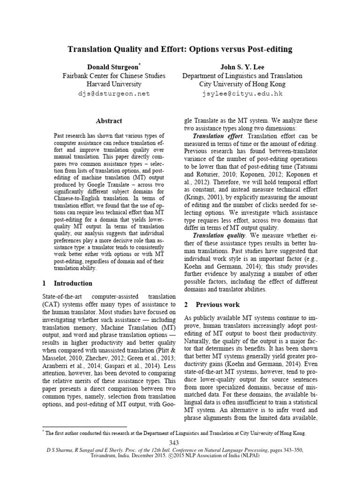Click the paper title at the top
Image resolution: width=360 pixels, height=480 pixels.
coord(180,49)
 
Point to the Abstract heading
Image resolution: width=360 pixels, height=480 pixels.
coord(109,121)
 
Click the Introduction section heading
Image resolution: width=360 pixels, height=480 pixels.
coord(73,284)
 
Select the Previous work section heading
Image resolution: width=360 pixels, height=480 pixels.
coord(217,304)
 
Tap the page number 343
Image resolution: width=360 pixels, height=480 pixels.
coord(180,443)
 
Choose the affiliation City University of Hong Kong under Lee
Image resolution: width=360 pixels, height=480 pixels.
coord(242,84)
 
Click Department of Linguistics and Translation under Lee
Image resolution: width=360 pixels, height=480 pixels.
coord(242,75)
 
